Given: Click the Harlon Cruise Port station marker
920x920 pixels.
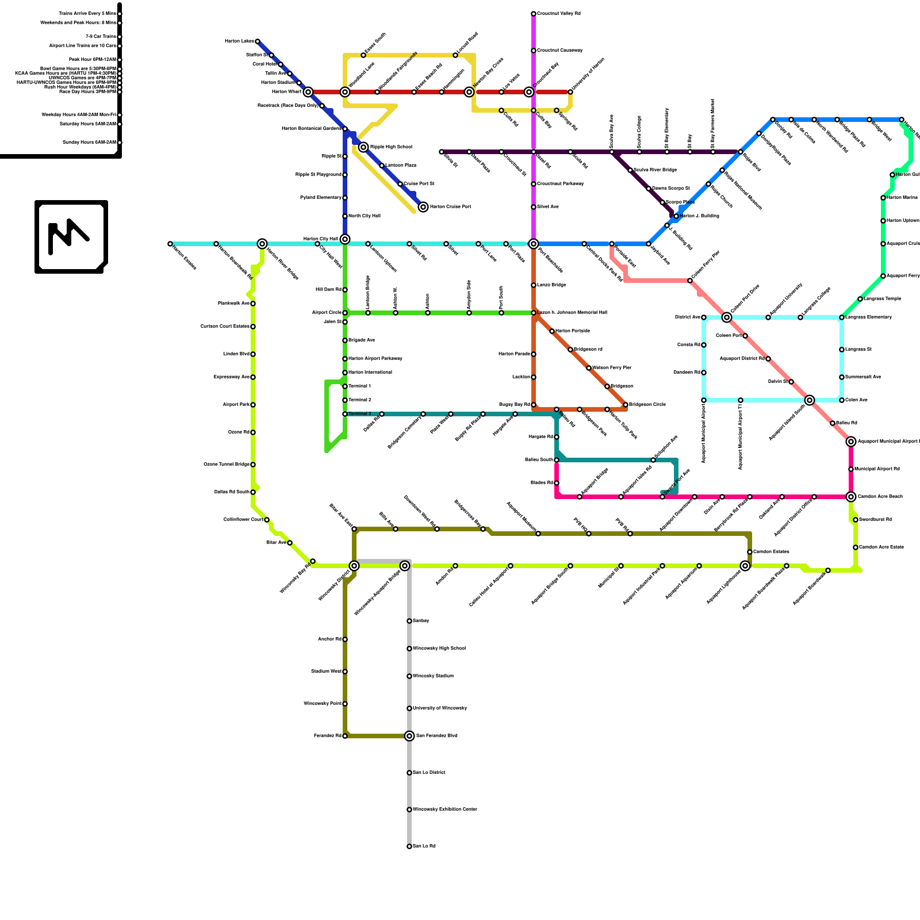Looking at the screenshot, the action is click(x=423, y=207).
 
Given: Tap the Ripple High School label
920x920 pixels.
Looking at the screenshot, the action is click(x=390, y=147).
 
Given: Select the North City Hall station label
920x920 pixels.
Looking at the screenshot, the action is click(x=364, y=216).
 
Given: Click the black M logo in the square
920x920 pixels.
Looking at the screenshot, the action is click(x=69, y=237).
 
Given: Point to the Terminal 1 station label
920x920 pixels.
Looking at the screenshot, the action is click(x=359, y=386).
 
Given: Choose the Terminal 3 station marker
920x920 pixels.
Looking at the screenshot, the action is click(x=345, y=414).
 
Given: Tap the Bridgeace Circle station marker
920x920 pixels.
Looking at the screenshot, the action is click(x=626, y=405).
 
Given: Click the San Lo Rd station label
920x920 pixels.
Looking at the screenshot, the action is click(x=424, y=846).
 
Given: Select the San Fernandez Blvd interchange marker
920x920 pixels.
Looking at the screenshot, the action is click(x=409, y=736).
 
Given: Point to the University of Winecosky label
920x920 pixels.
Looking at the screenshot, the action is click(x=440, y=708).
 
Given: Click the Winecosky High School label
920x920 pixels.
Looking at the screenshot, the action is click(x=439, y=649).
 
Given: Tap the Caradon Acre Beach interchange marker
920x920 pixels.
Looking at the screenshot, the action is click(x=851, y=497).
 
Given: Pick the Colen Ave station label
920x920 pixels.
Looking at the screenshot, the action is click(x=856, y=400).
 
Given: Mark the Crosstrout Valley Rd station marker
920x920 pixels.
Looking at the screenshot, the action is click(x=534, y=14).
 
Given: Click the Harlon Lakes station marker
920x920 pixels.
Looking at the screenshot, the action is click(x=258, y=41).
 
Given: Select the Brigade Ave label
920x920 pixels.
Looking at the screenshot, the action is click(x=362, y=340).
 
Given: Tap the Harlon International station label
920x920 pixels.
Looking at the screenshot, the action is click(x=370, y=373).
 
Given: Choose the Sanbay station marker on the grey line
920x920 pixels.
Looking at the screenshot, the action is click(x=409, y=621).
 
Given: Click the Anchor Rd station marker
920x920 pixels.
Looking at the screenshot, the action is click(x=345, y=639).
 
